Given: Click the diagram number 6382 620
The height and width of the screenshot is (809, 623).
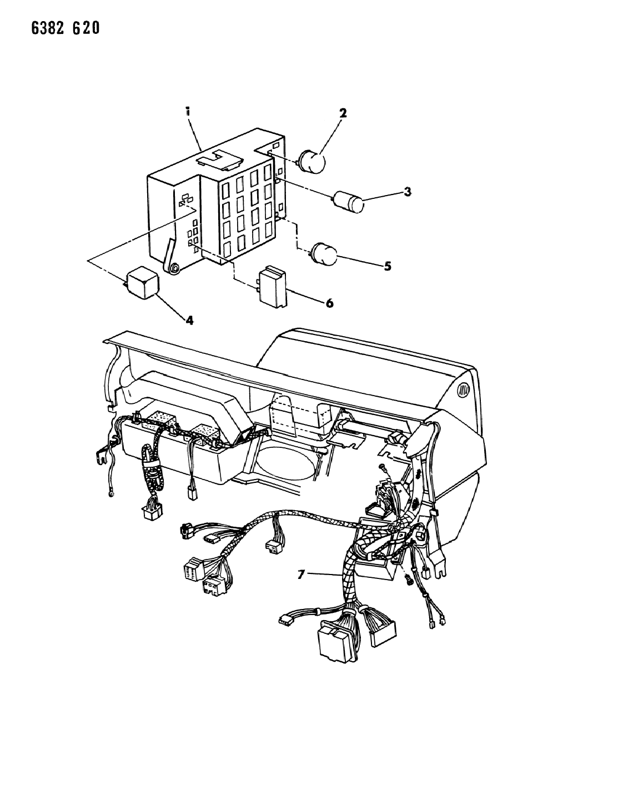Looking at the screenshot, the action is pos(65,28).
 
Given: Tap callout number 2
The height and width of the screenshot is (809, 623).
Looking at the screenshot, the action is pos(343,113).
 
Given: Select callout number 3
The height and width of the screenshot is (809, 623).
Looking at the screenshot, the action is pos(408,192).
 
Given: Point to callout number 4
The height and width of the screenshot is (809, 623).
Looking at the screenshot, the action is pos(190,320).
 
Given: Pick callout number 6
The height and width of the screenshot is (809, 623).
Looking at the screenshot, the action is pos(329,303).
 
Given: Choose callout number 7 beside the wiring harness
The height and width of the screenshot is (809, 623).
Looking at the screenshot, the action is pos(302,575).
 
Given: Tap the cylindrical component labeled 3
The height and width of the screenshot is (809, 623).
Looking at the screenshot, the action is pos(348,202).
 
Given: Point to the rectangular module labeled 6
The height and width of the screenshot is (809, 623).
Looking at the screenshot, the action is pos(272,286).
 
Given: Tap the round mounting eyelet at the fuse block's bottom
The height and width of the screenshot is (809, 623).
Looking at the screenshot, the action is pos(173,269).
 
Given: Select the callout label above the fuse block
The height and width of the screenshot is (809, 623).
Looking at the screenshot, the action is pos(188,111).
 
